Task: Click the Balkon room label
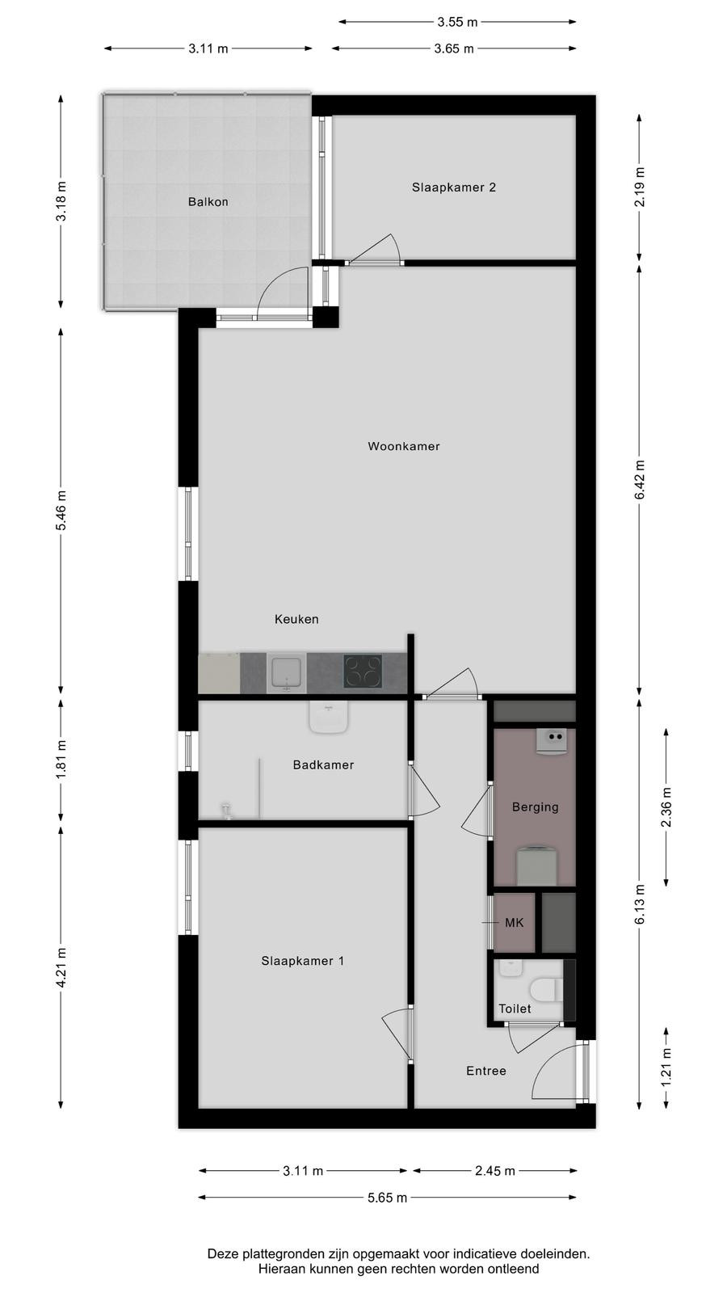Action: (208, 202)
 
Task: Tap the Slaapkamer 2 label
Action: (453, 187)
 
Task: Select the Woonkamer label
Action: (404, 446)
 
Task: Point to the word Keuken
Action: (296, 619)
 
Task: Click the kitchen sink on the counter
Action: (287, 672)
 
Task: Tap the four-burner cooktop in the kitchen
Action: (363, 672)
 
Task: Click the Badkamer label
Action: (323, 764)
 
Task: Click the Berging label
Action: (535, 807)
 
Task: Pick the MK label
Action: (514, 923)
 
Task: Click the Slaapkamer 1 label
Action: (302, 961)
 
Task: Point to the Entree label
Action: (485, 1071)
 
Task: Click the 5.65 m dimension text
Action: (387, 1198)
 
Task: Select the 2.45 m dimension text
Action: (495, 1171)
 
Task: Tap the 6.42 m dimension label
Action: (639, 480)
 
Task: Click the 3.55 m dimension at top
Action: (457, 22)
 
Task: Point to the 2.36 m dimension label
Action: (666, 807)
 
